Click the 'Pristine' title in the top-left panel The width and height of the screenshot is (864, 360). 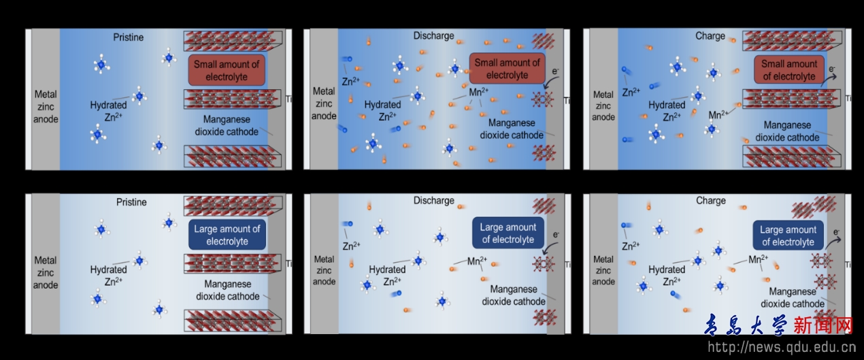pos(129,37)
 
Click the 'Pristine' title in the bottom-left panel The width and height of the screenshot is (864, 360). pos(131,202)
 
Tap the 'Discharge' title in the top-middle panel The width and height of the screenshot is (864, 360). pos(433,35)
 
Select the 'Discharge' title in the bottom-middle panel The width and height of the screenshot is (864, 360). pos(433,201)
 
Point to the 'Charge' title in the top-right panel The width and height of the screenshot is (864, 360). pos(710,36)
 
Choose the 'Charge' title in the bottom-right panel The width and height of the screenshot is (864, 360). pos(711,201)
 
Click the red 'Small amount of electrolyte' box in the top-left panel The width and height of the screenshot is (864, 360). pos(227,71)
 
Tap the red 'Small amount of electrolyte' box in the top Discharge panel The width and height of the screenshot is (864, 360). pos(507,69)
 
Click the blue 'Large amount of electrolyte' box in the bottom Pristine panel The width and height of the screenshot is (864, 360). pos(227,235)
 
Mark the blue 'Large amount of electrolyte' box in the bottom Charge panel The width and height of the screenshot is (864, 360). pos(788,235)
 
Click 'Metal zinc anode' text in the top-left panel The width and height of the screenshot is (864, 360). pos(46,107)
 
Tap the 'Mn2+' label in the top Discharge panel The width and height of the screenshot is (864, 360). pos(479,91)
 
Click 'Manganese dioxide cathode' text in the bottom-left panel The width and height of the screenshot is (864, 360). pos(228,290)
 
